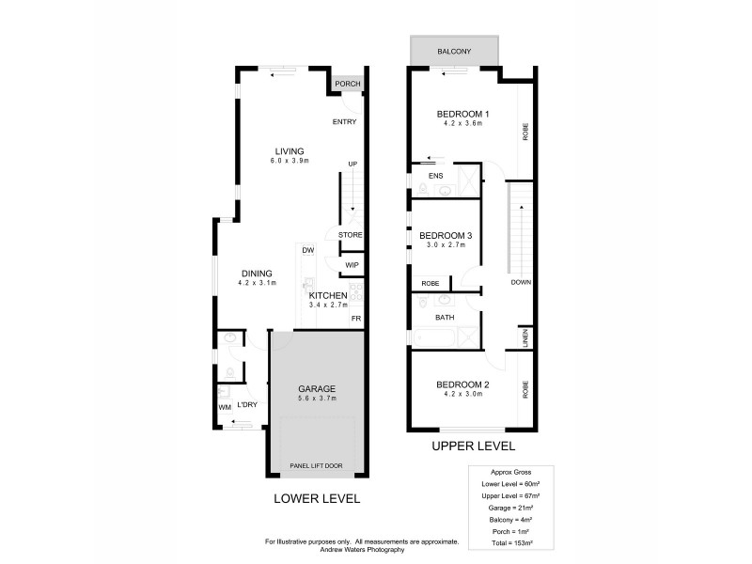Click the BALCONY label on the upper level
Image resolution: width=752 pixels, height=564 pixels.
pyautogui.click(x=454, y=51)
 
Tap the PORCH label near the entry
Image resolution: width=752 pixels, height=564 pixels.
pyautogui.click(x=348, y=85)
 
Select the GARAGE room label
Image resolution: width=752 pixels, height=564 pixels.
pyautogui.click(x=317, y=389)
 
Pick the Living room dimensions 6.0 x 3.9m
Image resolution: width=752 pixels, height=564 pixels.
pyautogui.click(x=290, y=161)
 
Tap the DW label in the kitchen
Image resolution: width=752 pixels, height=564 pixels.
pyautogui.click(x=307, y=250)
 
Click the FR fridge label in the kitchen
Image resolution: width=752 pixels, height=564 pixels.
pyautogui.click(x=356, y=319)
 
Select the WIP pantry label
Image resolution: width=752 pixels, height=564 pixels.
pyautogui.click(x=352, y=265)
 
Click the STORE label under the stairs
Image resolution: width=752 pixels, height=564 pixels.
pyautogui.click(x=351, y=235)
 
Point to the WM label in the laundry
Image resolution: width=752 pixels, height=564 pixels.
pyautogui.click(x=224, y=407)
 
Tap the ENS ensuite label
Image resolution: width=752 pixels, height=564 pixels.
pyautogui.click(x=435, y=176)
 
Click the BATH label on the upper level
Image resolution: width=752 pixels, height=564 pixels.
pyautogui.click(x=444, y=318)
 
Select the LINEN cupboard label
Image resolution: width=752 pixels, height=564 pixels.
pyautogui.click(x=524, y=337)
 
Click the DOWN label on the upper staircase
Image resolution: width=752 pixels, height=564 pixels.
pyautogui.click(x=522, y=282)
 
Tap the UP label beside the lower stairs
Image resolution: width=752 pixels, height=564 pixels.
pyautogui.click(x=352, y=164)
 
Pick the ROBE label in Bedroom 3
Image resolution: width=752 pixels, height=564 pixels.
pyautogui.click(x=430, y=282)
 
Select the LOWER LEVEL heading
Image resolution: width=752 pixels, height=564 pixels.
pyautogui.click(x=316, y=498)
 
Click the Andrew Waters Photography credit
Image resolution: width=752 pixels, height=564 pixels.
pyautogui.click(x=362, y=549)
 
